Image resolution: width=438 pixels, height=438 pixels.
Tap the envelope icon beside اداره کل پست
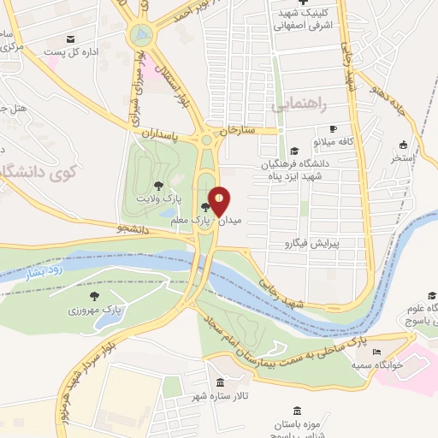point(69,40)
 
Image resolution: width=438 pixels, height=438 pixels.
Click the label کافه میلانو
point(334,141)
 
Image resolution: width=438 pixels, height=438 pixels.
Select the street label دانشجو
point(133,229)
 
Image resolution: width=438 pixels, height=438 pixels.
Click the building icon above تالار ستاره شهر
point(221,382)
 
